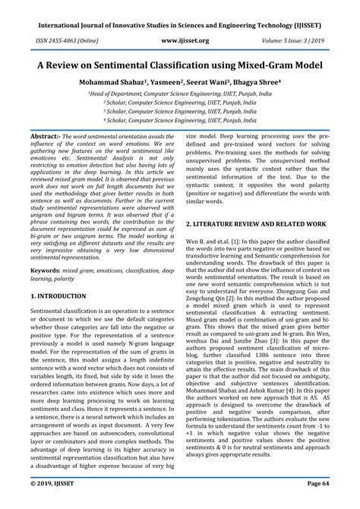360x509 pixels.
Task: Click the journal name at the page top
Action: click(x=179, y=9)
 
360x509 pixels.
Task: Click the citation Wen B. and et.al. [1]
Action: click(x=217, y=242)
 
